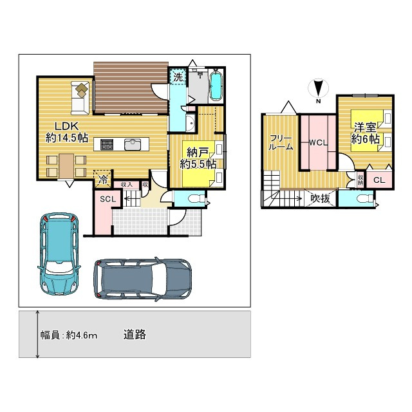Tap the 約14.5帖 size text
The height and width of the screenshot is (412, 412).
pyautogui.click(x=66, y=138)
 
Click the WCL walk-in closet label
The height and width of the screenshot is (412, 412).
pyautogui.click(x=319, y=142)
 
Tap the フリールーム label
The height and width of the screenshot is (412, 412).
pyautogui.click(x=281, y=142)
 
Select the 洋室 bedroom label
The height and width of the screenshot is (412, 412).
pyautogui.click(x=364, y=126)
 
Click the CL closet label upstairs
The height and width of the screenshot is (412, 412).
pyautogui.click(x=379, y=180)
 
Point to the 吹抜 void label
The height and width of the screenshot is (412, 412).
pyautogui.click(x=320, y=199)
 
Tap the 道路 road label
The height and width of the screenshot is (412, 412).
pyautogui.click(x=135, y=334)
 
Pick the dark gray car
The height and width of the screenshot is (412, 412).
pyautogui.click(x=142, y=279)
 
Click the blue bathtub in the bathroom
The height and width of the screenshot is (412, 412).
pyautogui.click(x=216, y=86)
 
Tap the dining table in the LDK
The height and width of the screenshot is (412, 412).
pyautogui.click(x=67, y=165)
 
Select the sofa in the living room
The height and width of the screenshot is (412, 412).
pyautogui.click(x=79, y=97)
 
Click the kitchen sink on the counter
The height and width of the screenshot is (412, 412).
pyautogui.click(x=133, y=144)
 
